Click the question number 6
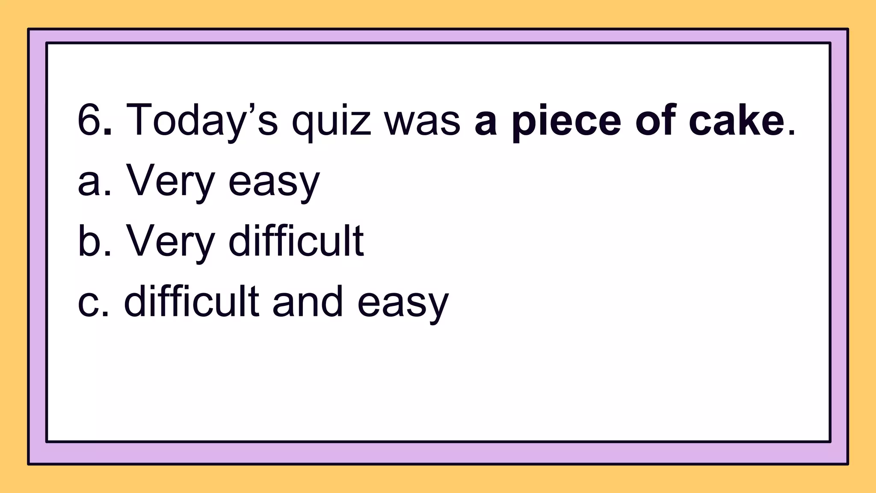click(x=89, y=120)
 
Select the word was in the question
click(x=423, y=121)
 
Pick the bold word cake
click(x=736, y=121)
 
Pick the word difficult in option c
click(x=191, y=302)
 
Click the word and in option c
click(x=308, y=302)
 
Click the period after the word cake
click(x=791, y=134)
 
